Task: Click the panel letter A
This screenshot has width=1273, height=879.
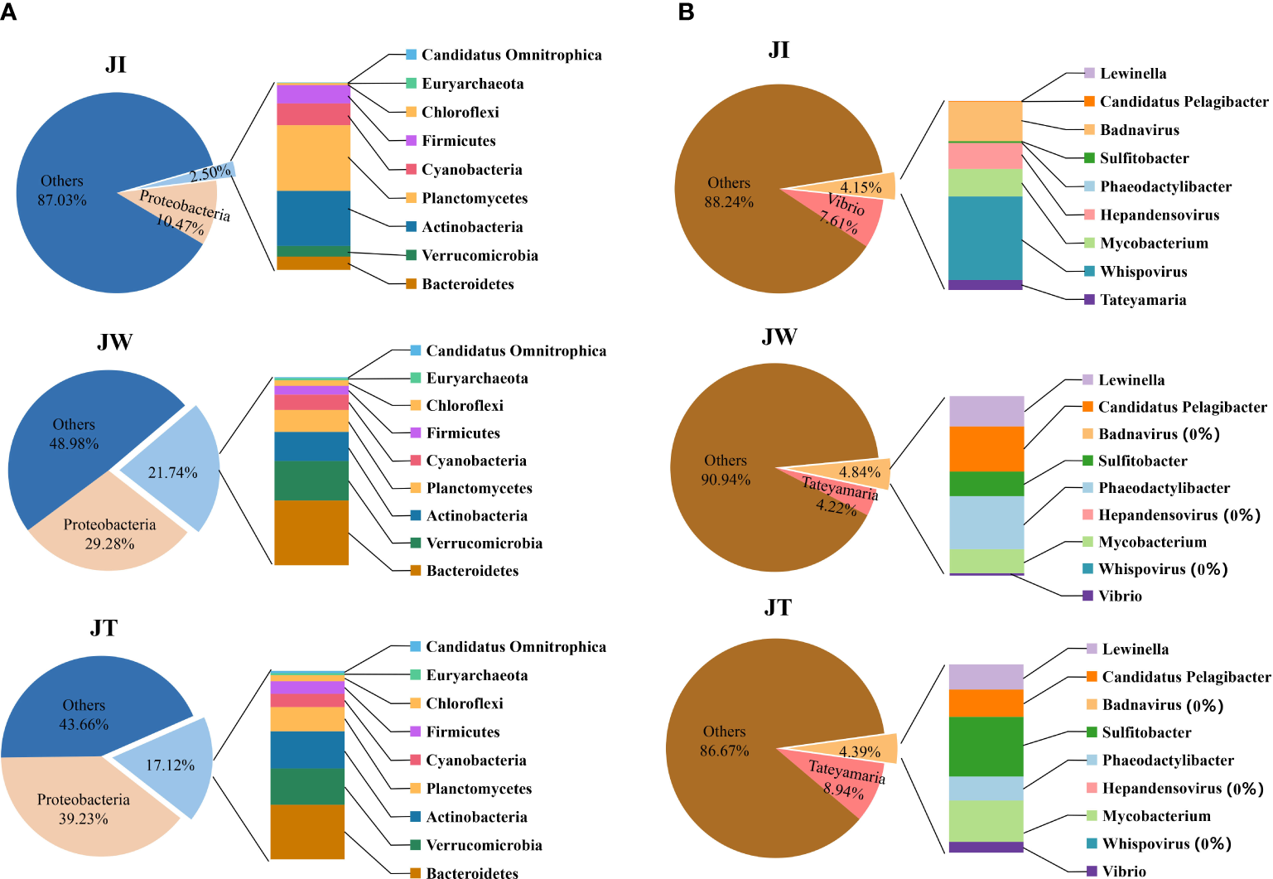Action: click(x=7, y=12)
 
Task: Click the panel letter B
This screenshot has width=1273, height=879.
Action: click(x=686, y=12)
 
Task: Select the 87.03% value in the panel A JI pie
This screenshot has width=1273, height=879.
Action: click(x=62, y=200)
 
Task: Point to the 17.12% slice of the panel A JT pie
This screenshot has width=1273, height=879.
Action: click(x=170, y=765)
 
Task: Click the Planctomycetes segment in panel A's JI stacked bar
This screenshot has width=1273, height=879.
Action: click(x=313, y=157)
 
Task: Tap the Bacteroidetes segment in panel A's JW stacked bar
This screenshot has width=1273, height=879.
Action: click(x=311, y=533)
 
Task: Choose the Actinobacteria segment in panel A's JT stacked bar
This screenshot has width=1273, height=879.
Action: click(x=307, y=749)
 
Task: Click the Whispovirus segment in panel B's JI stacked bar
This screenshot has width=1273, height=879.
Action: click(x=985, y=238)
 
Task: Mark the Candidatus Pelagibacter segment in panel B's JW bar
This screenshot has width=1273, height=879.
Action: click(x=986, y=448)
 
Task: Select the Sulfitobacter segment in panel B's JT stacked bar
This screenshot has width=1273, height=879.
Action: click(x=986, y=746)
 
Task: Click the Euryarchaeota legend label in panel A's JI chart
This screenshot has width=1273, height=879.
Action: click(x=472, y=84)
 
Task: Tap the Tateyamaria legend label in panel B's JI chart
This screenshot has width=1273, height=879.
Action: click(x=1143, y=300)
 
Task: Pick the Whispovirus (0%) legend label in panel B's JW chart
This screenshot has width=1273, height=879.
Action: click(x=1163, y=569)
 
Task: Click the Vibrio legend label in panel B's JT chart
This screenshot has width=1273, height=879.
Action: click(x=1124, y=871)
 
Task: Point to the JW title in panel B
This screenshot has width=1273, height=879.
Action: click(x=779, y=337)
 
